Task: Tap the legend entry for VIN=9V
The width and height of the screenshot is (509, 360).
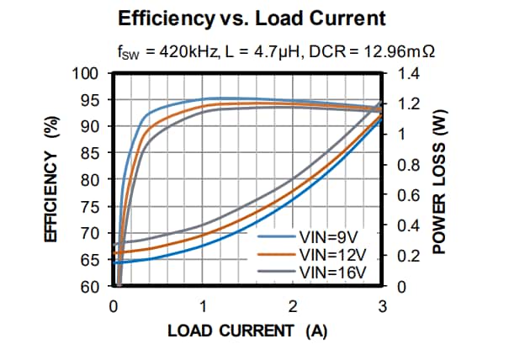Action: (325, 238)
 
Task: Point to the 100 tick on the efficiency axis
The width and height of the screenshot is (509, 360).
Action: (88, 73)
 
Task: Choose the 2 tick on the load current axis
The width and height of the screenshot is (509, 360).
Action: (293, 306)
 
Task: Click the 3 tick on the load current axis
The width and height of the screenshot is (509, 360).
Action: (382, 306)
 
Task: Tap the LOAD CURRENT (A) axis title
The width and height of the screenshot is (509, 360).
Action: (247, 331)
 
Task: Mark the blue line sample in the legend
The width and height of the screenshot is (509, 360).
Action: (273, 238)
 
